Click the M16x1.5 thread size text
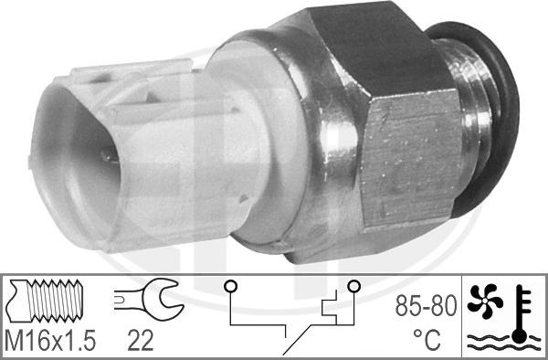pyautogui.click(x=50, y=341)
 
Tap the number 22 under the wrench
pyautogui.click(x=141, y=341)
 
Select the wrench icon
pyautogui.click(x=149, y=299)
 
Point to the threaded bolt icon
pyautogui.click(x=47, y=301)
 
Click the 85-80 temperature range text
pyautogui.click(x=426, y=305)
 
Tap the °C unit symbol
pyautogui.click(x=427, y=339)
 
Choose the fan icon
pyautogui.click(x=485, y=302)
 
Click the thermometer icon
pyautogui.click(x=521, y=313)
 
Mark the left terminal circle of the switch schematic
pyautogui.click(x=231, y=287)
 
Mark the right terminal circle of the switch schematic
pyautogui.click(x=353, y=287)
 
